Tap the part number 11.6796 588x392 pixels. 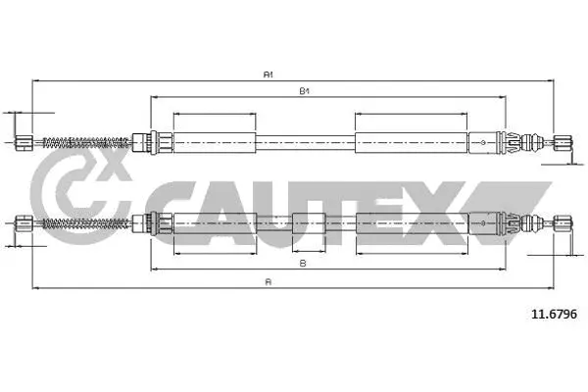click(x=554, y=314)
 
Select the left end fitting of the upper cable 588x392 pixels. click(x=25, y=142)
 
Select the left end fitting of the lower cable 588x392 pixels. click(x=25, y=224)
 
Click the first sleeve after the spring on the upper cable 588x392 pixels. click(x=214, y=142)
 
